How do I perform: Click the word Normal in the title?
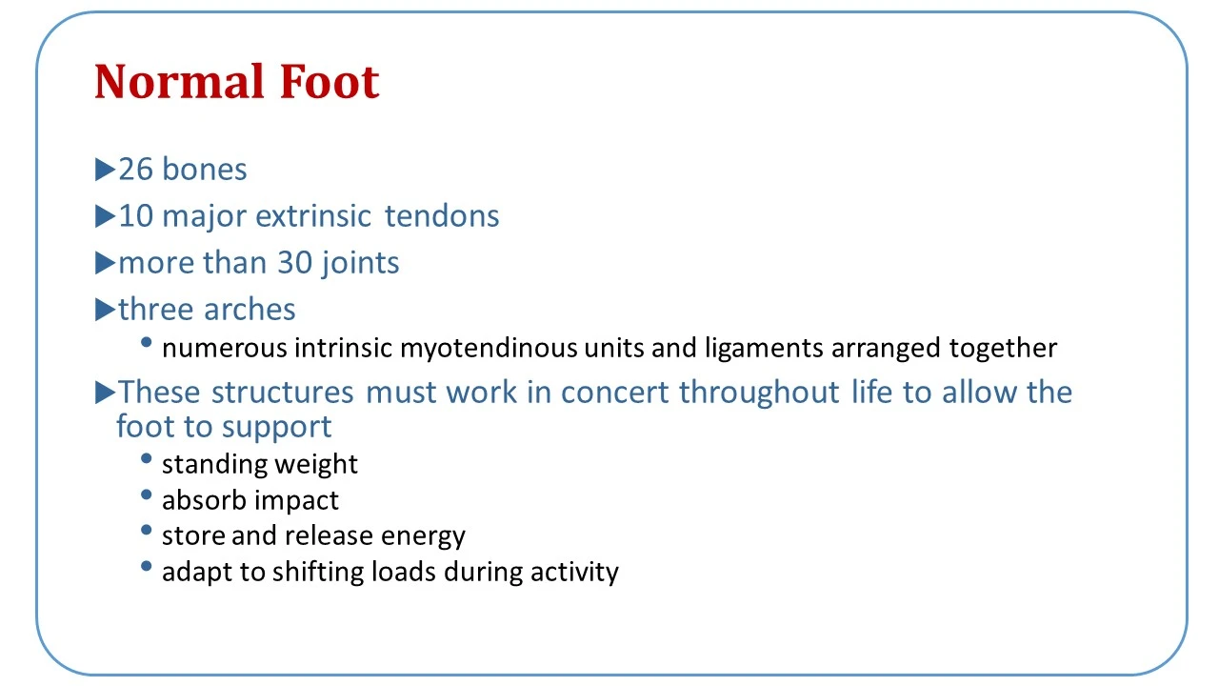click(179, 81)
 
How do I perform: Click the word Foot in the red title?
click(330, 81)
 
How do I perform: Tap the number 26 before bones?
click(135, 169)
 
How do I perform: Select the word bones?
click(205, 169)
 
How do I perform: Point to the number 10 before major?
click(135, 215)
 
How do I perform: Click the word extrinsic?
click(313, 215)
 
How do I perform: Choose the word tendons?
click(441, 215)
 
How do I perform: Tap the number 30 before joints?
click(294, 262)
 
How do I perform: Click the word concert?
click(614, 392)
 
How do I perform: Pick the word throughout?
click(759, 393)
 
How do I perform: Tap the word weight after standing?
click(316, 464)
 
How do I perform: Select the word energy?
click(423, 536)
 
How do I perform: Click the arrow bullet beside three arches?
click(105, 310)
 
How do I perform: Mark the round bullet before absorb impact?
click(146, 494)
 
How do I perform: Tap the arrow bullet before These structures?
click(105, 393)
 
